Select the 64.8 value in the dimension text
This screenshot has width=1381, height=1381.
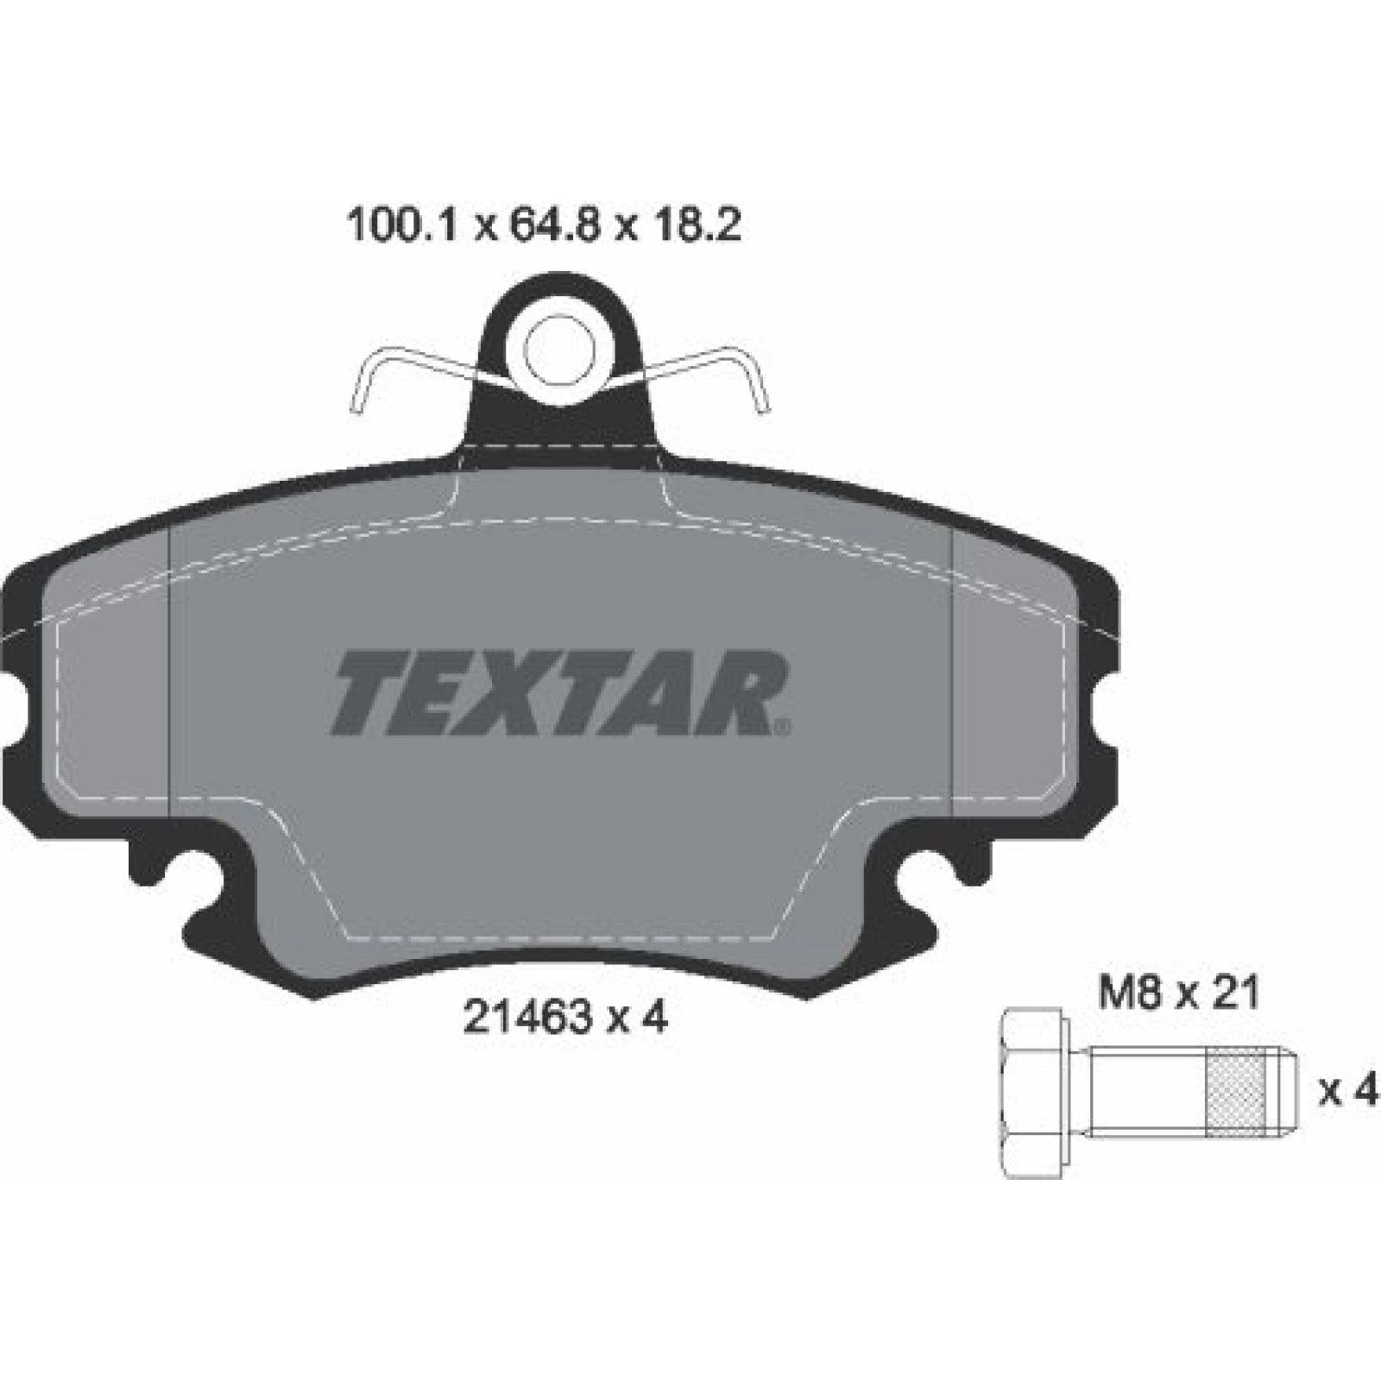(x=549, y=227)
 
